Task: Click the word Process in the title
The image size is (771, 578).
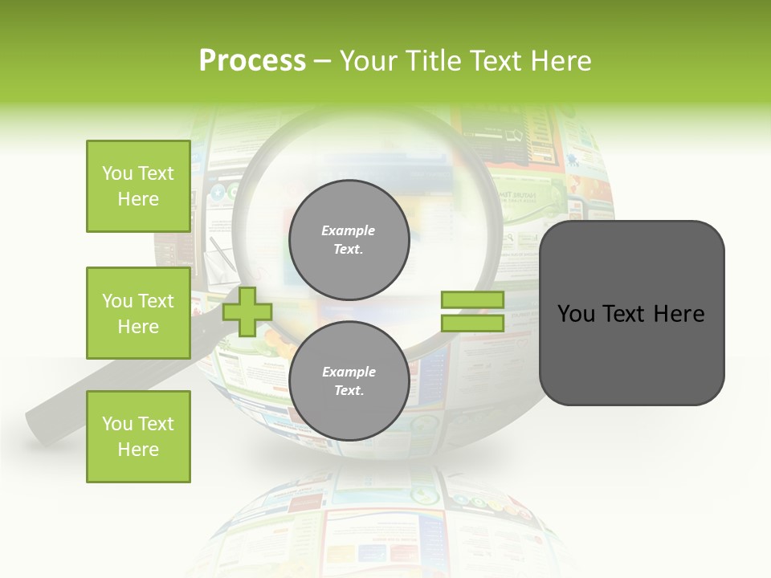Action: click(x=252, y=61)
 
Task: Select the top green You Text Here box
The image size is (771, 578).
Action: click(x=138, y=186)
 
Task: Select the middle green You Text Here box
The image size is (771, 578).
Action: click(x=138, y=313)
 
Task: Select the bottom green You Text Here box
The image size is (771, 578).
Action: click(x=138, y=437)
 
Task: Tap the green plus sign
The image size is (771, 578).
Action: click(x=247, y=312)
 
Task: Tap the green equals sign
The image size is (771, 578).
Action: click(x=472, y=311)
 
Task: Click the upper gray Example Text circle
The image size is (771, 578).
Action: click(x=349, y=239)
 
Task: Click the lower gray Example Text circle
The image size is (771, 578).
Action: click(x=349, y=381)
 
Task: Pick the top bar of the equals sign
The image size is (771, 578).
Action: click(x=472, y=300)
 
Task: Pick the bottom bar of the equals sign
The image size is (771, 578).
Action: click(x=472, y=323)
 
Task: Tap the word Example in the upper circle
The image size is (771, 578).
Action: click(x=349, y=230)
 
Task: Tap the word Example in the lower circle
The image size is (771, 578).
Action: click(x=349, y=372)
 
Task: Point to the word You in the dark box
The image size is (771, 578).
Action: click(x=577, y=314)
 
